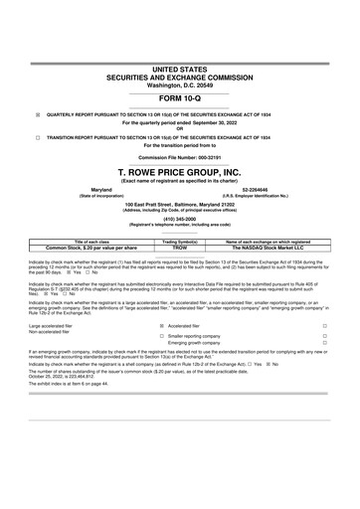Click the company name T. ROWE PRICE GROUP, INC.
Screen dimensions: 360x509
180,171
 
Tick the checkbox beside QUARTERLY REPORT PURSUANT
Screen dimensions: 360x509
38,115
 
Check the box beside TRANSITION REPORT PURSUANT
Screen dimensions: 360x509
38,137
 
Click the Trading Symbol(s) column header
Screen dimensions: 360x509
180,242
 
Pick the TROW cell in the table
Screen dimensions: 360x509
180,248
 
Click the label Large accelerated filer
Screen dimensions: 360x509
57,324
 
